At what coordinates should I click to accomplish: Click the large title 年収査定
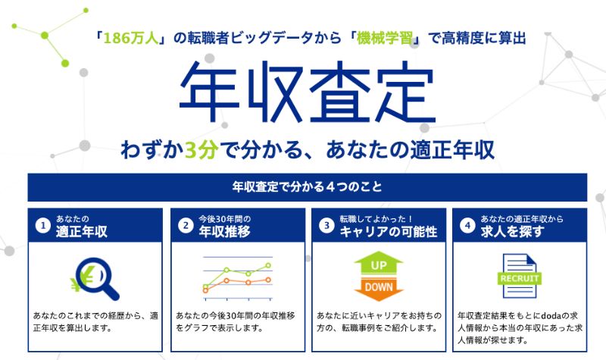308,92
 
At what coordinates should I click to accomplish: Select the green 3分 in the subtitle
201,150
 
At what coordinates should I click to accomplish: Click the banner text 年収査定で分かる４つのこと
308,187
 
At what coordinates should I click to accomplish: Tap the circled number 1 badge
43,225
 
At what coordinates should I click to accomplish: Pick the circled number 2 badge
186,225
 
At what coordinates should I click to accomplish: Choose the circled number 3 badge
326,225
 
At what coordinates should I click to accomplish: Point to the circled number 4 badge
467,225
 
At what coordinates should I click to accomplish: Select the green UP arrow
379,263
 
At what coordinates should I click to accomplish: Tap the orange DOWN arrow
379,290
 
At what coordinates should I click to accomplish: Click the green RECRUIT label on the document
520,278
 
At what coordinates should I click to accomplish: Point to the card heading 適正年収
82,232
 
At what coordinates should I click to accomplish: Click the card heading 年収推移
224,232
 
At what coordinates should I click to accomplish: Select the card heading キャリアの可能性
389,232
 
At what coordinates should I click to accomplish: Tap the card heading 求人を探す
513,232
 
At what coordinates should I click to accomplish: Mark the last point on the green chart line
268,266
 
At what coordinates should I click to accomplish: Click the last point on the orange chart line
268,280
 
